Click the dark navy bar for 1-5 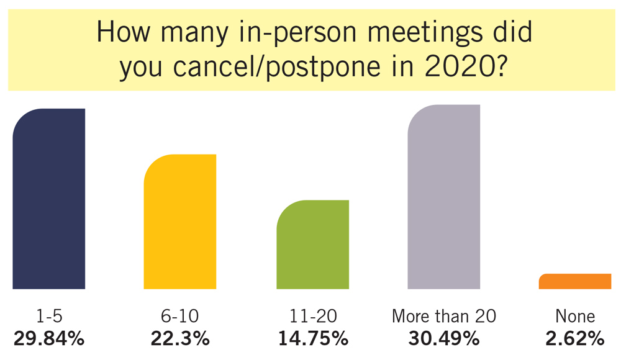[x=48, y=199]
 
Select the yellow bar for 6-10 [x=180, y=222]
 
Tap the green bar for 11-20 [x=312, y=245]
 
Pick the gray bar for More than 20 [x=444, y=197]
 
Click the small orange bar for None [x=575, y=281]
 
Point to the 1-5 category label [x=48, y=317]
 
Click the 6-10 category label [x=180, y=317]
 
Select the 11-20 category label [x=312, y=317]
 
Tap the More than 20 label [x=444, y=317]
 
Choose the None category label [x=575, y=317]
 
